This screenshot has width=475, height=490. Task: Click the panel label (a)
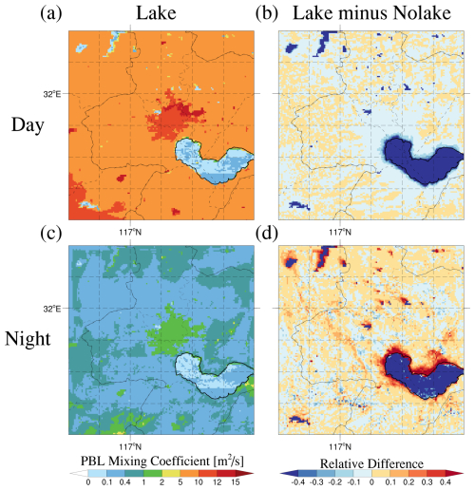(x=51, y=13)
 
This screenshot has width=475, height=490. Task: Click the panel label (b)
(x=267, y=13)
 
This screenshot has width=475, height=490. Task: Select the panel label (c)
(x=51, y=234)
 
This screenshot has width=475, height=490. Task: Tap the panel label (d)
(x=267, y=234)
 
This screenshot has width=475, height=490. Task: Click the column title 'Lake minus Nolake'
(x=371, y=13)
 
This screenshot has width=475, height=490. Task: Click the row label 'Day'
(x=28, y=125)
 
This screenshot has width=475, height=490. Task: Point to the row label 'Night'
(x=28, y=339)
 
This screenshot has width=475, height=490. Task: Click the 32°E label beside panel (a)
(x=52, y=94)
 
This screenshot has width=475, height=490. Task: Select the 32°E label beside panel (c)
(x=52, y=309)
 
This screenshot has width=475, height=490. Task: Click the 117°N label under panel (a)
(x=130, y=232)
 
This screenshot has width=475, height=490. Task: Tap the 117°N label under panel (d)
(x=340, y=446)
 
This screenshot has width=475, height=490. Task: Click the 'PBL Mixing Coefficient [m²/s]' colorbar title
(x=162, y=461)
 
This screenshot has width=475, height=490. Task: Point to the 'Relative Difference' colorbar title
(x=371, y=463)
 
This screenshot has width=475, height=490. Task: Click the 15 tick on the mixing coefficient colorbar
(x=236, y=482)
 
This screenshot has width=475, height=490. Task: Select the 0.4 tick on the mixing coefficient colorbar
(x=125, y=482)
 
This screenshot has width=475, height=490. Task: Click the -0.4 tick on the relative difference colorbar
(x=297, y=482)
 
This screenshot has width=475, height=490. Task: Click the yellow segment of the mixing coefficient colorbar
(x=171, y=474)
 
